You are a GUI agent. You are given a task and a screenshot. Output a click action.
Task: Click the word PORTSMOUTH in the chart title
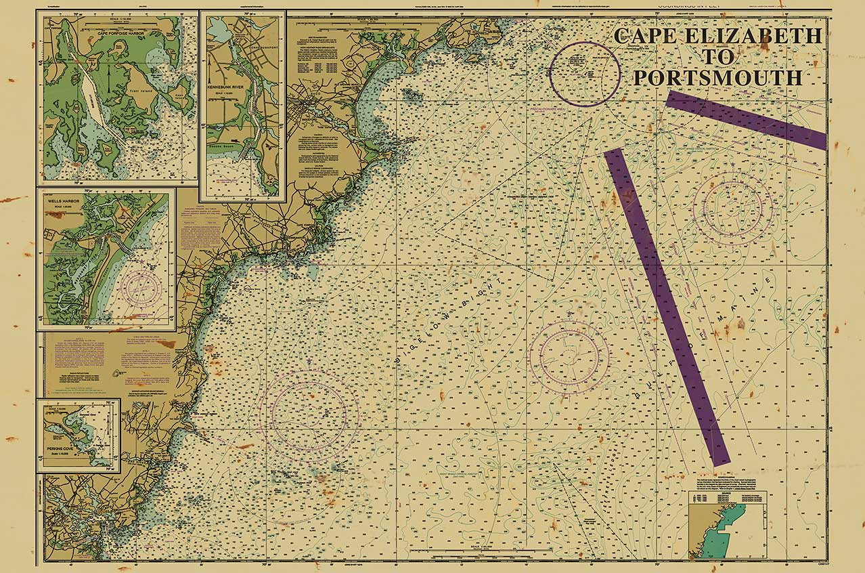(718, 77)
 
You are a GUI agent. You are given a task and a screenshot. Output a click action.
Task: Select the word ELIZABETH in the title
(753, 36)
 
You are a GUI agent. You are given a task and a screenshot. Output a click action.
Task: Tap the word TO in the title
(718, 57)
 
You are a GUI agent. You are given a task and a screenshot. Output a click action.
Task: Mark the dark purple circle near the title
(585, 74)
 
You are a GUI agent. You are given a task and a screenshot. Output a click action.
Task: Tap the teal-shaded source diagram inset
(727, 525)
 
